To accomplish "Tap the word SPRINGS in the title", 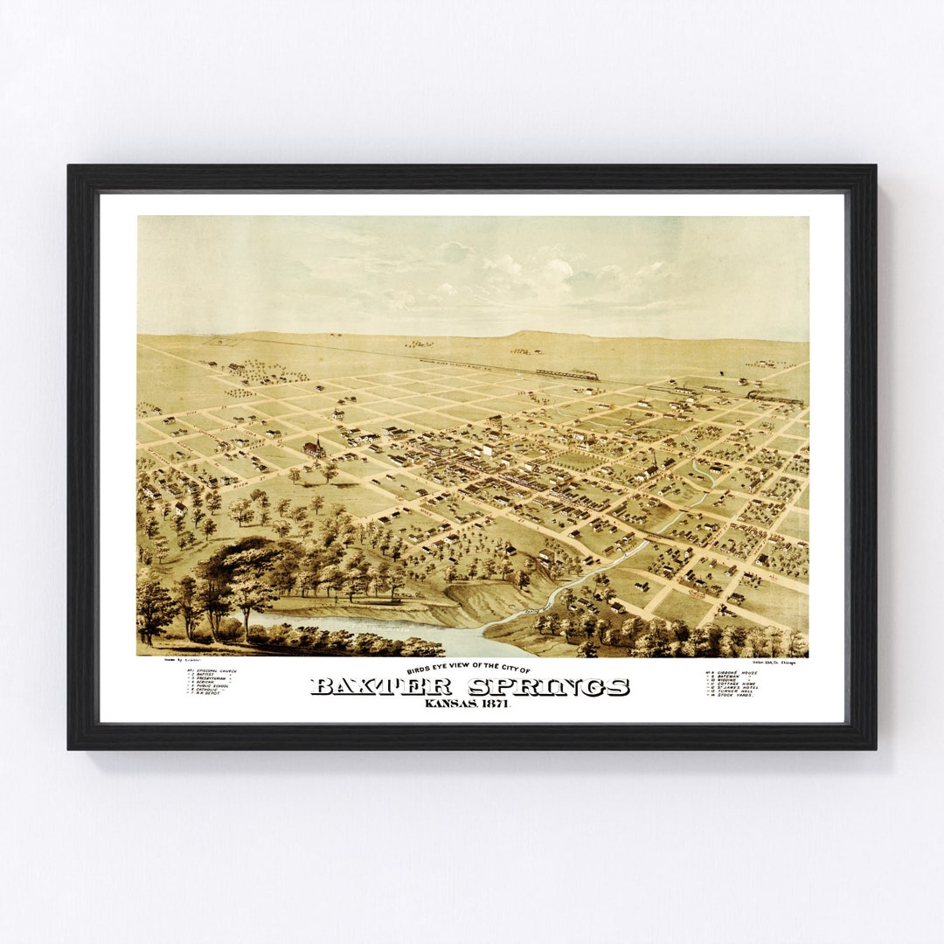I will pos(549,687).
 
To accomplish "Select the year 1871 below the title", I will pos(493,705).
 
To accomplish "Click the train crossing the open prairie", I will pos(567,374).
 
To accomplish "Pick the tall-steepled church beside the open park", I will pos(314,448).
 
